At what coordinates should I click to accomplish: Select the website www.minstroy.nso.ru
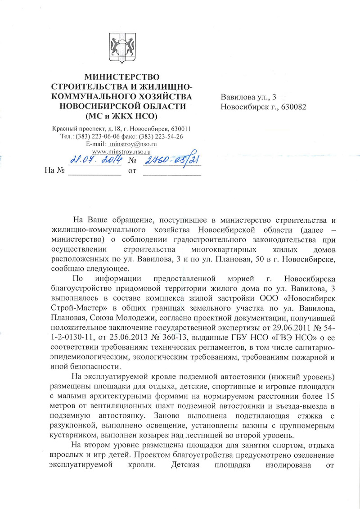[121, 152]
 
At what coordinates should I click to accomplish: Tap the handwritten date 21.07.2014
[94, 159]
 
